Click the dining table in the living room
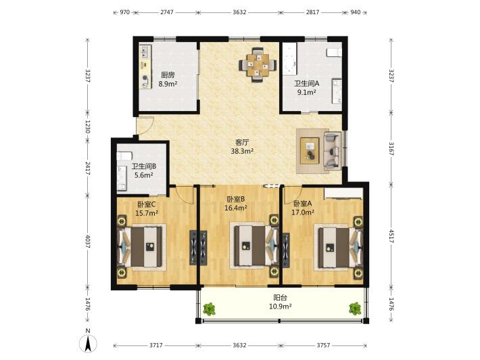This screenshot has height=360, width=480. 258,65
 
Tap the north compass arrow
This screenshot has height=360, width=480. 88,343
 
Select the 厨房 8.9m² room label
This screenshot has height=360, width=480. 168,79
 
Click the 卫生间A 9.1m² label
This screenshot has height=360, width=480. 306,87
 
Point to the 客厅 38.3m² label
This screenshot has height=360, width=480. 242,146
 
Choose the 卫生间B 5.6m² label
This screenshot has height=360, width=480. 144,171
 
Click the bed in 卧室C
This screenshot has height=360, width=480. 140,246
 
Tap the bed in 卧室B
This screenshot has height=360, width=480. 255,246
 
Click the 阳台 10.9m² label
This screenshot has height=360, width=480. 280,302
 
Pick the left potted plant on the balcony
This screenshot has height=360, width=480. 209,309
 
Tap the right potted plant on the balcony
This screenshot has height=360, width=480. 355,309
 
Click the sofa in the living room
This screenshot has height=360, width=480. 332,151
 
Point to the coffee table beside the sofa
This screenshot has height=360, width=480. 310,150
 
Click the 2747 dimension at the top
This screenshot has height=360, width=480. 167,12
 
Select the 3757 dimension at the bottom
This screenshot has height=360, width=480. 323,345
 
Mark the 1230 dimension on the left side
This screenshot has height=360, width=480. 88,127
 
